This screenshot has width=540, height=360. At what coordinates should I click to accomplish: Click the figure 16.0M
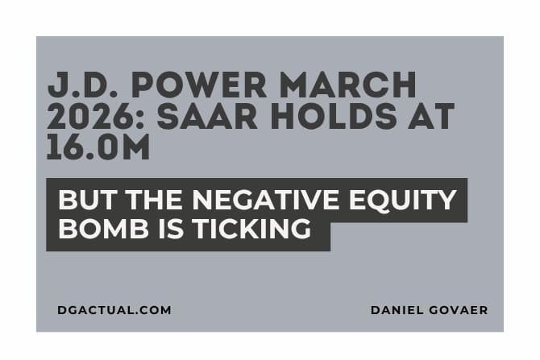pyautogui.click(x=98, y=148)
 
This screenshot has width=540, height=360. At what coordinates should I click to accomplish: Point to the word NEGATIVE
pyautogui.click(x=265, y=200)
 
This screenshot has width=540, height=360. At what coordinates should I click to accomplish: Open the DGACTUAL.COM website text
pyautogui.click(x=114, y=310)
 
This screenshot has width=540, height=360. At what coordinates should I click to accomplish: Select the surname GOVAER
pyautogui.click(x=461, y=310)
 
